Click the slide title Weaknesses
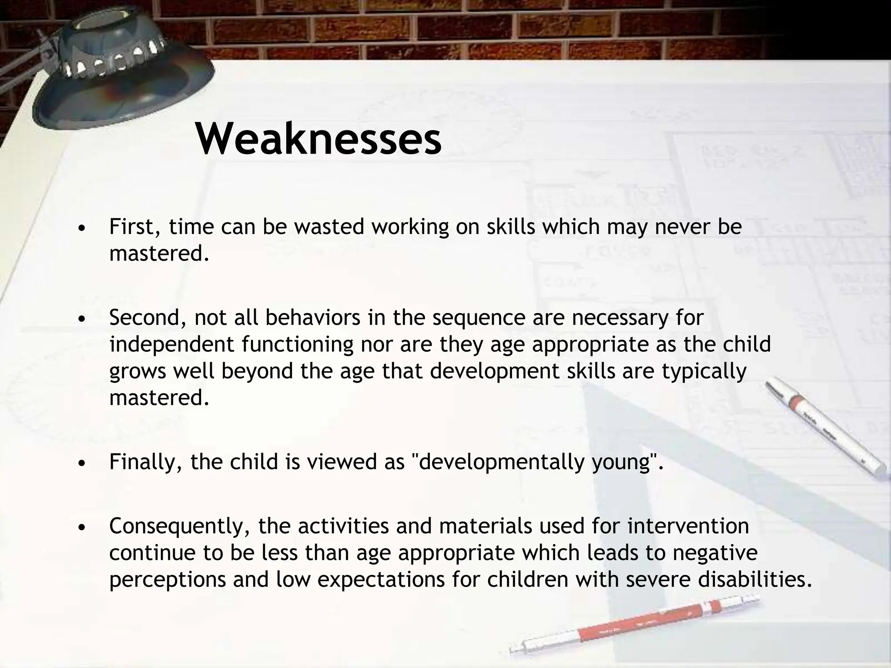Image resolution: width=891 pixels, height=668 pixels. [x=318, y=139]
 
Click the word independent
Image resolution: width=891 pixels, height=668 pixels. [x=172, y=344]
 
